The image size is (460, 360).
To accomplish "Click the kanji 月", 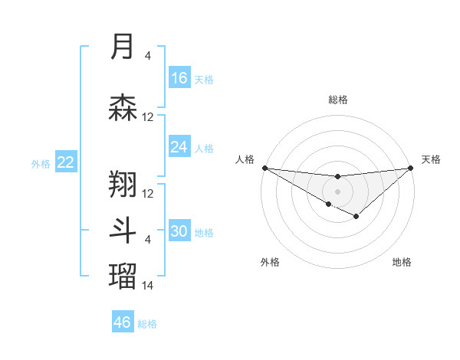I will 123,47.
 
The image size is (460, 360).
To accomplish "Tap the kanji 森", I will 123,108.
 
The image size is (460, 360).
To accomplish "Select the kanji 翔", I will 123,183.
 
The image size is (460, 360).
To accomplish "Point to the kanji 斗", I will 123,231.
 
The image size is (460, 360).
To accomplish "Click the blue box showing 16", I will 179,78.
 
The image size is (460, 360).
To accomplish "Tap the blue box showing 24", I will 179,147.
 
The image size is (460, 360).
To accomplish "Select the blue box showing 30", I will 179,232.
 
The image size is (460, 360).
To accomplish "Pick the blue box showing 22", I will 66,162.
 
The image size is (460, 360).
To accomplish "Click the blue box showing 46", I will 123,322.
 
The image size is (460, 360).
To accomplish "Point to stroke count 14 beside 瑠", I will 148,285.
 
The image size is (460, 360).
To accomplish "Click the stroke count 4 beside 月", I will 148,55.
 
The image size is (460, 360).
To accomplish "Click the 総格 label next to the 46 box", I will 147,324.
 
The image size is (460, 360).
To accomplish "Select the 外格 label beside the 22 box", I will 41,163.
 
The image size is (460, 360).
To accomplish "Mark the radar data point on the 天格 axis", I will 410,168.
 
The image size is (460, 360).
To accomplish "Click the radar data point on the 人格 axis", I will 264,168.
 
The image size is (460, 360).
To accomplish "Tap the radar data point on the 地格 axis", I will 356,217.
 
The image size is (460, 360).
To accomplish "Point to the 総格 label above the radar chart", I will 337,100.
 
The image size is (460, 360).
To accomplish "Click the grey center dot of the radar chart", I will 337,191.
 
